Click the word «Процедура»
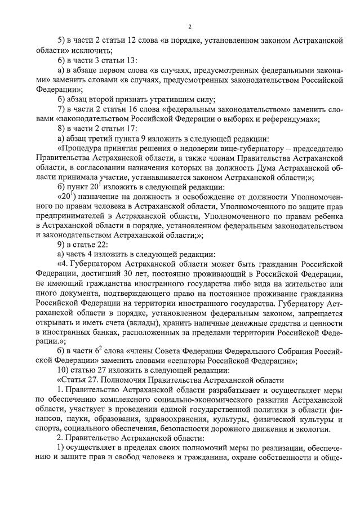[x=81, y=148]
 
